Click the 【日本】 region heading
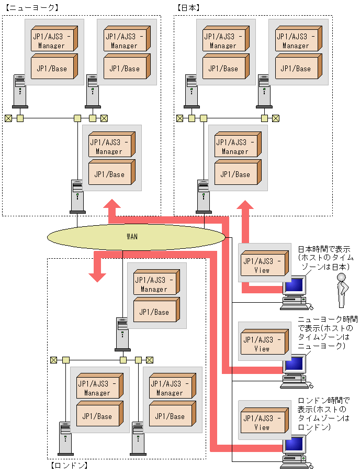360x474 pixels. point(189,8)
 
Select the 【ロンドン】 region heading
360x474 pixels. point(69,465)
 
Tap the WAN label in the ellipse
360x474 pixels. point(132,237)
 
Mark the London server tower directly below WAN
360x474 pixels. point(122,333)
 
